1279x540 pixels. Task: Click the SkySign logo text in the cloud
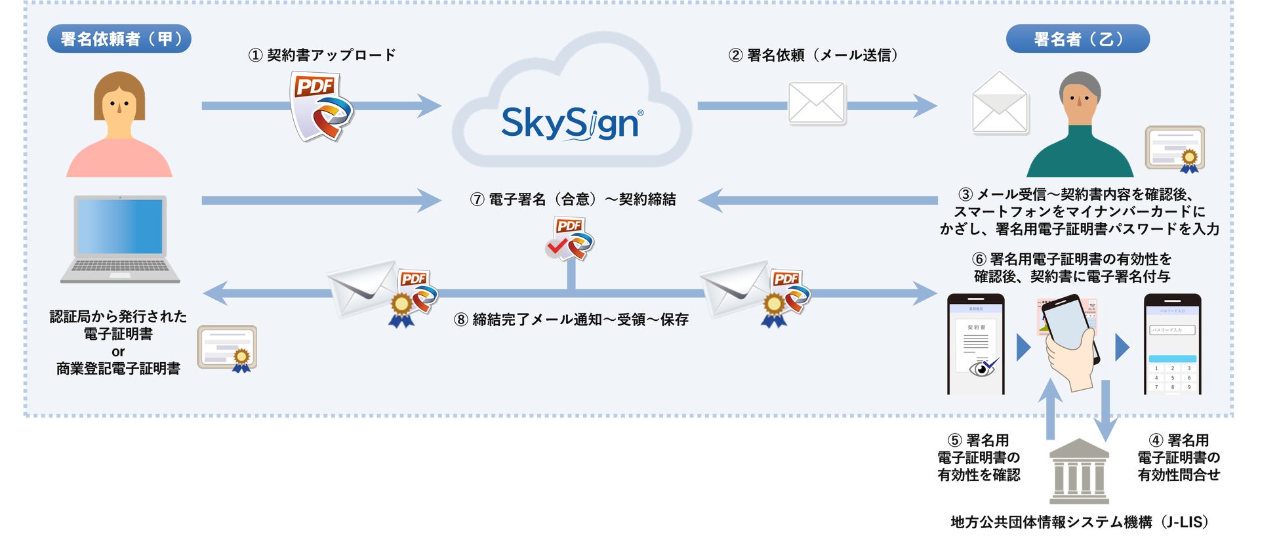coord(571,123)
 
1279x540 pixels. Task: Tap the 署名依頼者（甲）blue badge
coord(119,39)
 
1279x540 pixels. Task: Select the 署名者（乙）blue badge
coord(1077,39)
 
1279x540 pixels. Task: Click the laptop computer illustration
coord(119,239)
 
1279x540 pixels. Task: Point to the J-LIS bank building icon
coord(1079,470)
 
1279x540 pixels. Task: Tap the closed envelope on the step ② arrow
coord(816,103)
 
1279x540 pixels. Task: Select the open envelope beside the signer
coord(999,103)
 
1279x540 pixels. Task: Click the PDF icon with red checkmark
coord(569,238)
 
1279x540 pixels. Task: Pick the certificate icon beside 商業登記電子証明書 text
coord(227,348)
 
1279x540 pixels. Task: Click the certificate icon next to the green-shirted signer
coord(1175,149)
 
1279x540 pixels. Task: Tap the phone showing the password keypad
coord(1172,344)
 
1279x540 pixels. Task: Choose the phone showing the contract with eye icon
coord(975,344)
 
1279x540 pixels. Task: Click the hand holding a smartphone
coord(1069,344)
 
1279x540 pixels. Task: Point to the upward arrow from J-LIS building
coord(1050,408)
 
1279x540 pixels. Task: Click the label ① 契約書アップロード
coord(321,55)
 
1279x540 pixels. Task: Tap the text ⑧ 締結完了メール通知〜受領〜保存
coord(571,320)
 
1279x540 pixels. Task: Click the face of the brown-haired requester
coord(119,105)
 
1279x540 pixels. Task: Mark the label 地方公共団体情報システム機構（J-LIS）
coord(1079,522)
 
